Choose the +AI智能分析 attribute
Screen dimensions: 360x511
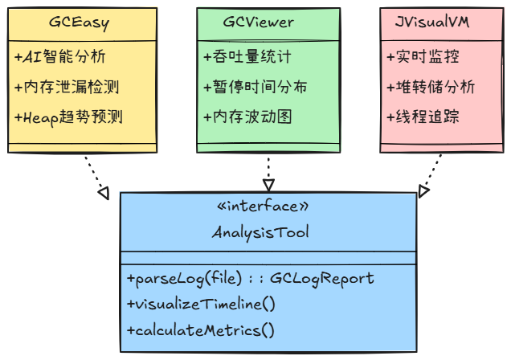point(59,58)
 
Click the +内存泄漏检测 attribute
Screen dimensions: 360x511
point(67,87)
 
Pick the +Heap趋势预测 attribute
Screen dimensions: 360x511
point(68,117)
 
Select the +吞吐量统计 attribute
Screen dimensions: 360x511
point(247,58)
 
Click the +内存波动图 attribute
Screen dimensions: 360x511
point(247,117)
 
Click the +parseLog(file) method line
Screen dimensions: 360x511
point(251,278)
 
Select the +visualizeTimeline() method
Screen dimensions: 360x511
point(201,304)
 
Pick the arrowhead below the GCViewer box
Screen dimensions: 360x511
point(268,185)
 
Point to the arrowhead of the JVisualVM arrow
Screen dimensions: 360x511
point(423,190)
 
